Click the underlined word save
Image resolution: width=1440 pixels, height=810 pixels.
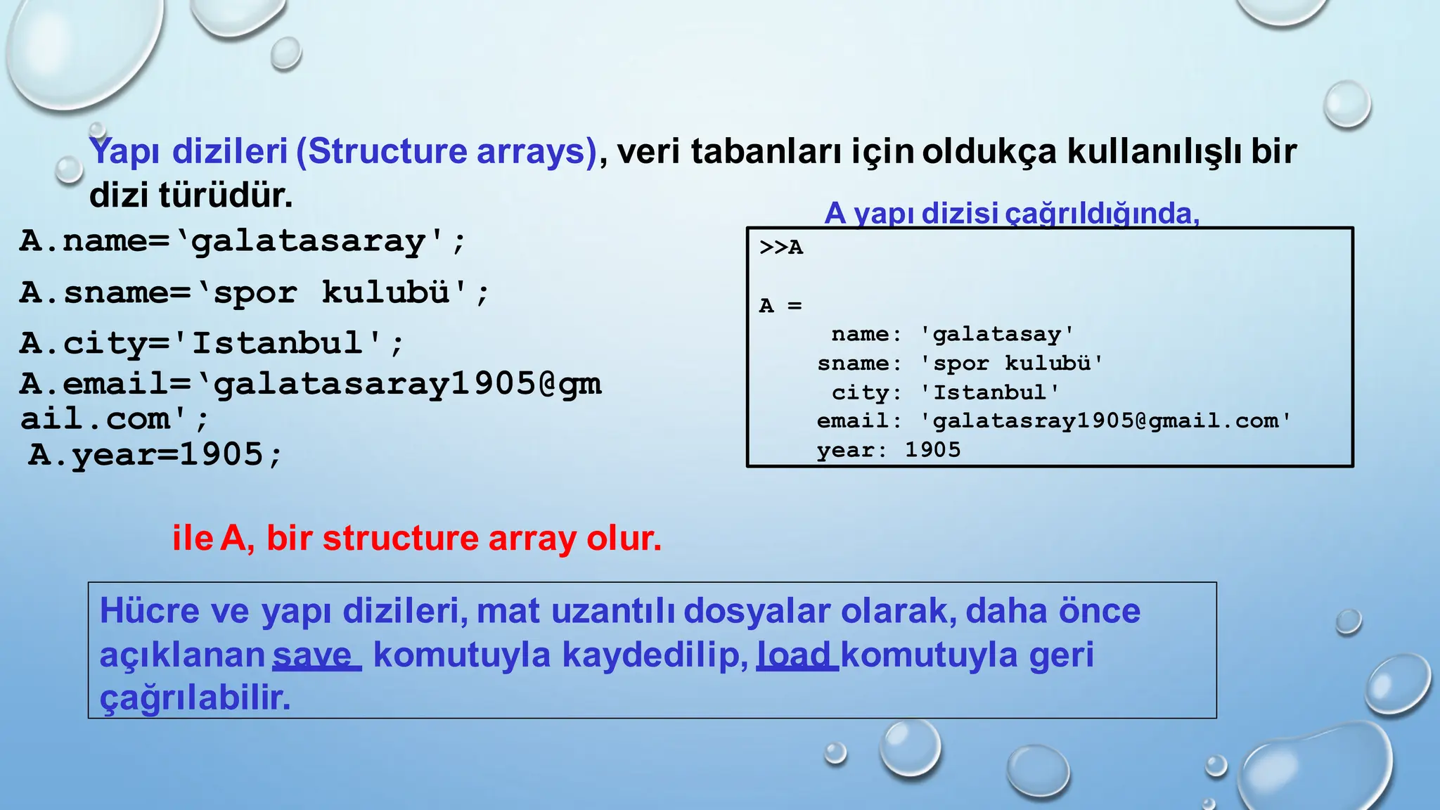click(x=314, y=655)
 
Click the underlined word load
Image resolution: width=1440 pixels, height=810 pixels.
click(x=795, y=655)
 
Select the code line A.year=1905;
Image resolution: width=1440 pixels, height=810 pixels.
click(x=155, y=454)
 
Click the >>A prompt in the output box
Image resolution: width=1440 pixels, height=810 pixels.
click(x=780, y=247)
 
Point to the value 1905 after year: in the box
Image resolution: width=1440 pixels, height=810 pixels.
click(x=932, y=450)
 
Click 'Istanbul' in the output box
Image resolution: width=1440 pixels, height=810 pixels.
click(x=989, y=392)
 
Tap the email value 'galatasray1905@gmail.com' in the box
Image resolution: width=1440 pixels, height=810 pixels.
click(x=1105, y=421)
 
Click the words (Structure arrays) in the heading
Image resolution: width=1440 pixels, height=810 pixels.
click(x=446, y=151)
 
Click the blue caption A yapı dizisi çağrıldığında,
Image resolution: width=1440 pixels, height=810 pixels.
click(x=1011, y=213)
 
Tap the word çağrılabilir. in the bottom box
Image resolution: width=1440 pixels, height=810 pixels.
click(x=195, y=698)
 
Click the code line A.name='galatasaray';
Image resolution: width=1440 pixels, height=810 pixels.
click(x=243, y=241)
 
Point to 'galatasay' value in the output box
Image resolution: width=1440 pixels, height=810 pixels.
click(x=996, y=335)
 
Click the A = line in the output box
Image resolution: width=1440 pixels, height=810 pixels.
click(x=780, y=306)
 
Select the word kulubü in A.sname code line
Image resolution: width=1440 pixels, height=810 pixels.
click(x=386, y=292)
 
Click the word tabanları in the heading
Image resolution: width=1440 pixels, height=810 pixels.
click(x=766, y=151)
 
